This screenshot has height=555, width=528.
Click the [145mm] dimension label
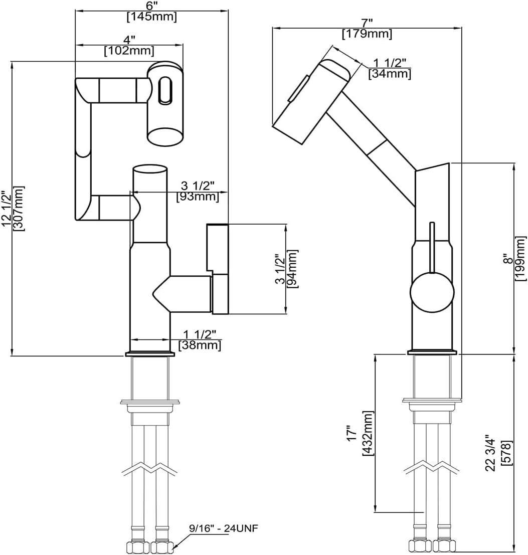151,17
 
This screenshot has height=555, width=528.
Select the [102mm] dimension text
129,51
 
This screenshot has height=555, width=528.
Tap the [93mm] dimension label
198,197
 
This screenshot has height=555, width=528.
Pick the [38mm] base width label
200,345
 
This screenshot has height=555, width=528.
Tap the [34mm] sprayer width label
390,74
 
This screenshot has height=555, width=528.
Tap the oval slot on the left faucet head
164,90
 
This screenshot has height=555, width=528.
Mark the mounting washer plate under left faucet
150,402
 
